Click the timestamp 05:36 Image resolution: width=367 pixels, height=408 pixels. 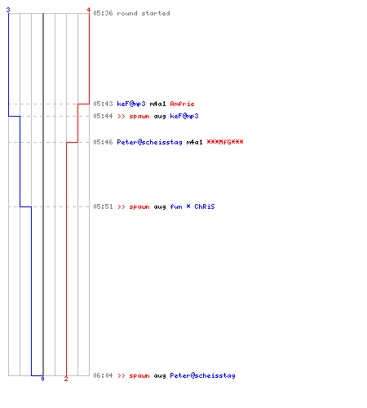point(103,13)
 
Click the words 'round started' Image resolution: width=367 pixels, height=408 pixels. point(144,13)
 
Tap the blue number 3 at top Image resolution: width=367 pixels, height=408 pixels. point(8,10)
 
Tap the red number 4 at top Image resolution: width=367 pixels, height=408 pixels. point(89,10)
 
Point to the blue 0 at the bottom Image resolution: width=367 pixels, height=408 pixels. point(42,379)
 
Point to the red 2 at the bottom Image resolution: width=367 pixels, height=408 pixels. point(66,379)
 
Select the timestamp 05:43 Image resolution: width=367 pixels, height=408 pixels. point(103,104)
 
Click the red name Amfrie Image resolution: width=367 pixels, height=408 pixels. point(182,104)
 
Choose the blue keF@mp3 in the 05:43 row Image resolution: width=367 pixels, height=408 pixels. point(131,104)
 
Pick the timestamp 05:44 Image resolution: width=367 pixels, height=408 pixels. point(103,116)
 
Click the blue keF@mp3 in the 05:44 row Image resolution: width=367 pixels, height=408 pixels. point(184,117)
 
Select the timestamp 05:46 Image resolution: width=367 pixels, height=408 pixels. point(103,142)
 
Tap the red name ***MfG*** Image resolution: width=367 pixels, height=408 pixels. point(225,142)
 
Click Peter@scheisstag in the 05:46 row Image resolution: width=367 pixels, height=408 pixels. point(149,142)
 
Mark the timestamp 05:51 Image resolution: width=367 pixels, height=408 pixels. point(103,206)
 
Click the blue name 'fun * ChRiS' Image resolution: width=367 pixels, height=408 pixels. point(192,206)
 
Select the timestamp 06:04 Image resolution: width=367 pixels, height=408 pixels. point(103,375)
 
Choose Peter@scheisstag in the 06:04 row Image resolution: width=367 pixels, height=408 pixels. point(202,376)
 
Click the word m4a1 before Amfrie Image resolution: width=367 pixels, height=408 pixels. point(157,104)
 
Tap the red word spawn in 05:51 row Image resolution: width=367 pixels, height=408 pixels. point(139,207)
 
